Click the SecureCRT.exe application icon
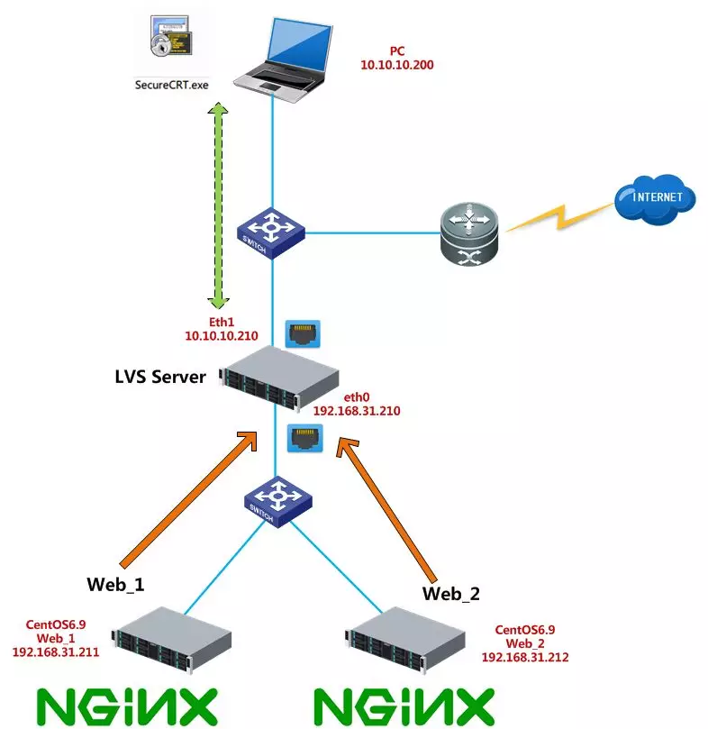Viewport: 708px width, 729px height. [x=170, y=36]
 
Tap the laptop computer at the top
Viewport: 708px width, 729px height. [x=283, y=60]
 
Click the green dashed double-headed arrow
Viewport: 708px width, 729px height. [x=218, y=206]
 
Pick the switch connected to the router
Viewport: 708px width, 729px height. [x=270, y=232]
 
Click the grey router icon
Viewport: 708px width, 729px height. [x=469, y=234]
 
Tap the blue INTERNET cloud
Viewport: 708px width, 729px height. [x=655, y=199]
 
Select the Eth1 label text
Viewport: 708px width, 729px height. [x=222, y=322]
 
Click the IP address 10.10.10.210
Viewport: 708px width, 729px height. [x=222, y=336]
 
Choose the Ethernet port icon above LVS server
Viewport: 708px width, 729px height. [x=303, y=333]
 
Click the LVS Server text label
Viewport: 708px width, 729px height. [x=160, y=377]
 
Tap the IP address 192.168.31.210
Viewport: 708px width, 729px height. [x=357, y=411]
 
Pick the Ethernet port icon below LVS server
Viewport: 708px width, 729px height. [x=305, y=438]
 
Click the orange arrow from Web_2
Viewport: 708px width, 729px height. [x=386, y=509]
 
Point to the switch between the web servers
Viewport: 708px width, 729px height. [x=278, y=502]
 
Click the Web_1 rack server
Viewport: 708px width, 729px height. [x=171, y=640]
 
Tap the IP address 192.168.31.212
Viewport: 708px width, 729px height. [x=525, y=658]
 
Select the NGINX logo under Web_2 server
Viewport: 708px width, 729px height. [x=404, y=706]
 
